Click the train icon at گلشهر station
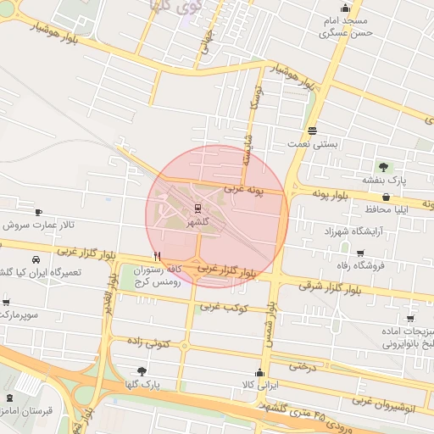point(198,208)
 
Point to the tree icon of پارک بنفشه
point(382,167)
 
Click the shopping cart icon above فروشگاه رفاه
point(359,253)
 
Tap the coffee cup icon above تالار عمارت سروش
point(38,212)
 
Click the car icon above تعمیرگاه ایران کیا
point(36,259)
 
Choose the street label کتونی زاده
point(148,342)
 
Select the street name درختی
point(303,367)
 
